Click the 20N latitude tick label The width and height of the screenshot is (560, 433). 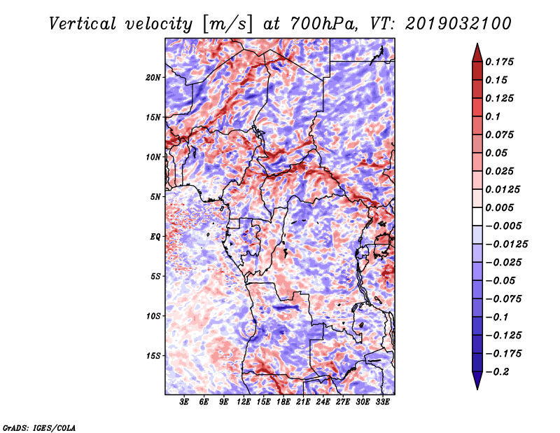(153, 78)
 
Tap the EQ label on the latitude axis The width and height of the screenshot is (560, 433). (155, 237)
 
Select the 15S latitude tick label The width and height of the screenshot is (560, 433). (153, 356)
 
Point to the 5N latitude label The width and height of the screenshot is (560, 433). (155, 197)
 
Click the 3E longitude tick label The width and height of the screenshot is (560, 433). (184, 402)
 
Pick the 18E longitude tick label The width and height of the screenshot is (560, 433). (283, 402)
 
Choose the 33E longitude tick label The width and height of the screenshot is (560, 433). (382, 402)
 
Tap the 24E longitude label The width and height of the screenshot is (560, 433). (323, 402)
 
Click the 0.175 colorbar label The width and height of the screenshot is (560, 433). (499, 62)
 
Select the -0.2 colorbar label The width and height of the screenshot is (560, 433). (497, 372)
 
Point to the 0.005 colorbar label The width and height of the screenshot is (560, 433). (499, 207)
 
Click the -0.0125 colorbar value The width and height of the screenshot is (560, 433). (506, 245)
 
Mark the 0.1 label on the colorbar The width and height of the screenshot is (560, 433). (493, 116)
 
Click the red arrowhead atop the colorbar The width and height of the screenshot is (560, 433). (477, 53)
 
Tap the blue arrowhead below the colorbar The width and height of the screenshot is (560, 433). (477, 380)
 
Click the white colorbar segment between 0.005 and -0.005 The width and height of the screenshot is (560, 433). (477, 216)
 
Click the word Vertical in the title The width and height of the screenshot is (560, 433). (83, 24)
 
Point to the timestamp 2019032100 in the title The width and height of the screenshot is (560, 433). (458, 24)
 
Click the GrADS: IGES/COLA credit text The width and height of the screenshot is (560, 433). (39, 427)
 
